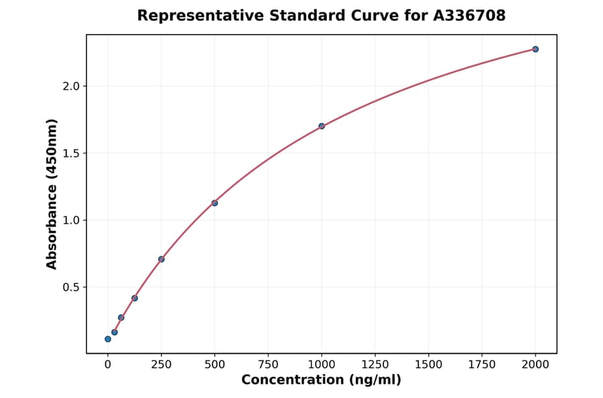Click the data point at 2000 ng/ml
[535, 49]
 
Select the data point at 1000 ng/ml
[322, 126]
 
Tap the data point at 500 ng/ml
[214, 203]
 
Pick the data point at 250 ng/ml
[161, 259]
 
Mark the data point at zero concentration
[108, 339]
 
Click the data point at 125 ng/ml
[135, 298]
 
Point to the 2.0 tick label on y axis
[71, 86]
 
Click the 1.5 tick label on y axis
[71, 153]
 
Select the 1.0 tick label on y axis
[71, 220]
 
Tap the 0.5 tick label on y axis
[71, 287]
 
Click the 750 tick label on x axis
[268, 364]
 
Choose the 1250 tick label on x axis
[375, 364]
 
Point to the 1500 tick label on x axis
[429, 364]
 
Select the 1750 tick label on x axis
[482, 364]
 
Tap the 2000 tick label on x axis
[535, 364]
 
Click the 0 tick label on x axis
[108, 364]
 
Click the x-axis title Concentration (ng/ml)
[322, 381]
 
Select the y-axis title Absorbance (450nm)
[52, 194]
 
